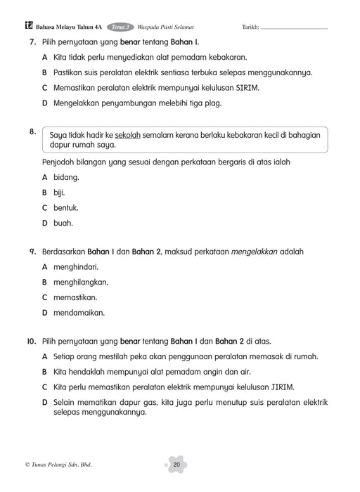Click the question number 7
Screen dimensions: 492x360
click(32, 42)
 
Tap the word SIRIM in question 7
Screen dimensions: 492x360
click(245, 88)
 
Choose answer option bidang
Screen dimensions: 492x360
click(66, 177)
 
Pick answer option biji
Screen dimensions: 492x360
click(59, 193)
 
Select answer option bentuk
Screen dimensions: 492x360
click(65, 208)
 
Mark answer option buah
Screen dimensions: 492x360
click(63, 224)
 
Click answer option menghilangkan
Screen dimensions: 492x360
click(80, 282)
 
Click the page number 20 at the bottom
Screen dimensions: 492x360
click(176, 465)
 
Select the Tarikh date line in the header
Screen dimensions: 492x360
click(294, 28)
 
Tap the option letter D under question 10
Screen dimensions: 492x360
click(45, 403)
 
